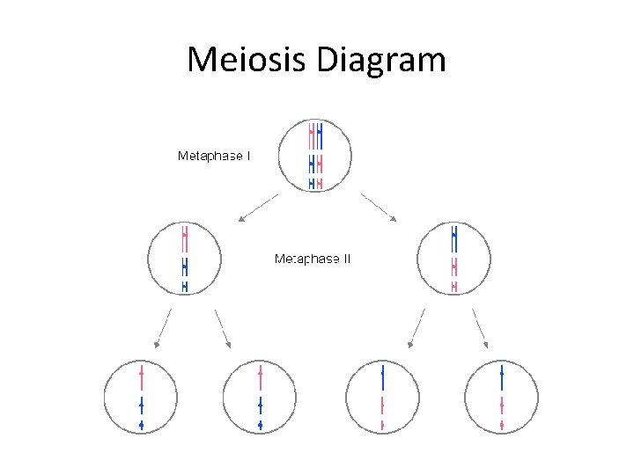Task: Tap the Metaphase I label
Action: click(x=214, y=156)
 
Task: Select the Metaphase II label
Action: click(x=313, y=259)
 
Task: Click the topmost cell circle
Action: click(x=315, y=157)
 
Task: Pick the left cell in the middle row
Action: click(x=184, y=259)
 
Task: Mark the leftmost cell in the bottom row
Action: click(x=141, y=397)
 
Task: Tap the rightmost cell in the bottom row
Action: click(x=501, y=397)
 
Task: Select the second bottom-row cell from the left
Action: click(x=260, y=397)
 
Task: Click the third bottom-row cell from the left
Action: click(x=382, y=397)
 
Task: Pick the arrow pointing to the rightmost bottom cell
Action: click(x=480, y=327)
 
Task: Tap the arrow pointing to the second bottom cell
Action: click(x=222, y=327)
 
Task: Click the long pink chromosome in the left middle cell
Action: click(x=184, y=237)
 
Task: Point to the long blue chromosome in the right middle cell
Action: click(x=453, y=237)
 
